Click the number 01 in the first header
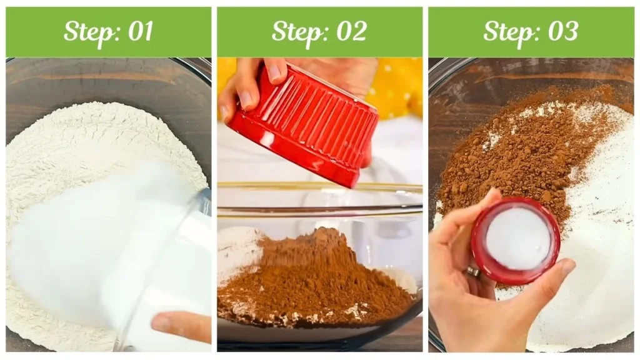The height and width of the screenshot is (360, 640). coord(139,31)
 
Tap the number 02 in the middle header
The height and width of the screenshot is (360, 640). coord(350,31)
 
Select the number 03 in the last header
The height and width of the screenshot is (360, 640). coord(561,31)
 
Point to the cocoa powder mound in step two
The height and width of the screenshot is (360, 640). coord(312,275)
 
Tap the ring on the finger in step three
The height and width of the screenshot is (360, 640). coord(473,271)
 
